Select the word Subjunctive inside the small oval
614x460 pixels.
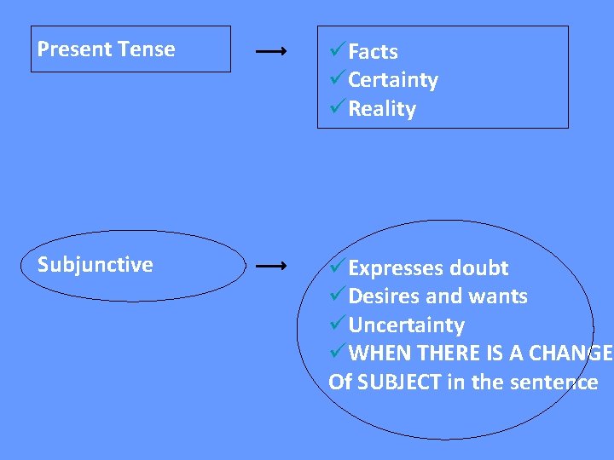96,265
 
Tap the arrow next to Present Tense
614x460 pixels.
270,52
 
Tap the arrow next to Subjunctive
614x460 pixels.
270,267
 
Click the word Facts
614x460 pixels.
373,52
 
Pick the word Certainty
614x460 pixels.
392,81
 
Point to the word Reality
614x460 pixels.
382,110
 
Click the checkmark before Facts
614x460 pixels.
338,51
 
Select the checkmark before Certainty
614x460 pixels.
338,80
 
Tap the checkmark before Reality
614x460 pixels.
338,109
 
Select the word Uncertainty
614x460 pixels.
406,325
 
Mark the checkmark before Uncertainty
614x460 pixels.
338,325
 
